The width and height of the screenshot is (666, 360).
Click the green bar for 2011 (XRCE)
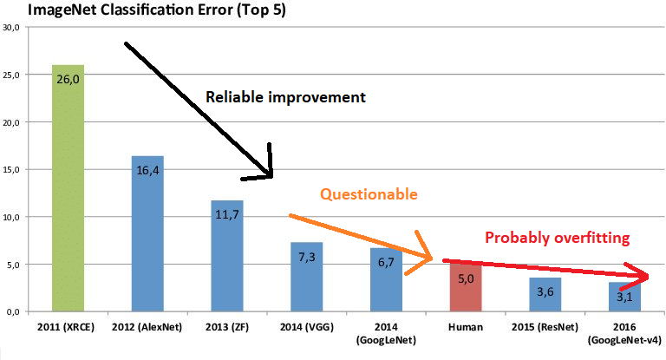pyautogui.click(x=68, y=187)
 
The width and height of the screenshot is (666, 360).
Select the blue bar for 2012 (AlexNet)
pyautogui.click(x=147, y=232)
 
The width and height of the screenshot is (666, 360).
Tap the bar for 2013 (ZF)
pyautogui.click(x=226, y=255)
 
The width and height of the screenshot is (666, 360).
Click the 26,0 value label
pyautogui.click(x=69, y=77)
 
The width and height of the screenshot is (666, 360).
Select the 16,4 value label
pyautogui.click(x=147, y=170)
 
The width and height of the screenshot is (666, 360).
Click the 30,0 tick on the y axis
pyautogui.click(x=11, y=28)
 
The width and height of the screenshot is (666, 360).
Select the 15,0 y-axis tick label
pyautogui.click(x=11, y=170)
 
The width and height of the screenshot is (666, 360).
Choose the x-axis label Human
pyautogui.click(x=466, y=329)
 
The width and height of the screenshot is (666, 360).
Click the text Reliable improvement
pyautogui.click(x=285, y=96)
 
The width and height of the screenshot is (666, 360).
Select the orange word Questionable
pyautogui.click(x=369, y=194)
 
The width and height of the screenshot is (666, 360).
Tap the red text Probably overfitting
pyautogui.click(x=557, y=237)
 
